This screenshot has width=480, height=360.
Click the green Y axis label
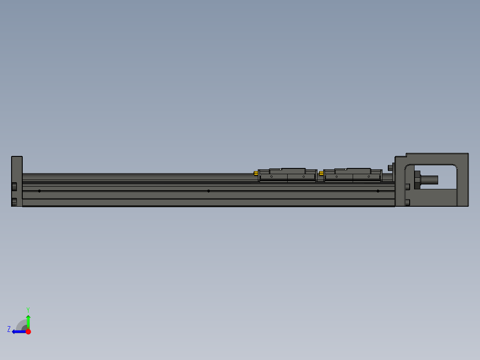tap(28, 309)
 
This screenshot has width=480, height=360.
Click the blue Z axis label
tap(9, 329)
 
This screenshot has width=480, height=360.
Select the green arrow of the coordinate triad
tap(28, 321)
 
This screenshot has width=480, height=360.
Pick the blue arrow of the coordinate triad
tap(18, 331)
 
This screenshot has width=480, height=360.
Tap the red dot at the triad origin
tap(28, 331)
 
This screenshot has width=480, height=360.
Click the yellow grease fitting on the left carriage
tap(256, 173)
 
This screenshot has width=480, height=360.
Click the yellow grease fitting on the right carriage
tap(321, 173)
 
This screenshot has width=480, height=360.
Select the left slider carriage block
tap(287, 175)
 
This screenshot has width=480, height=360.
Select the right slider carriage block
tap(353, 175)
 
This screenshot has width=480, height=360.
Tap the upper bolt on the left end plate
tap(14, 186)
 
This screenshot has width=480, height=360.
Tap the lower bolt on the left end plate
tap(14, 202)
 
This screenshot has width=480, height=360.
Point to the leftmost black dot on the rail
tap(40, 191)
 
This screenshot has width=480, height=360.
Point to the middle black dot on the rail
tap(208, 191)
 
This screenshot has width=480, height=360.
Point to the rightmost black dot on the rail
tap(378, 191)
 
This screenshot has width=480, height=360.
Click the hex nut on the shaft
tap(417, 180)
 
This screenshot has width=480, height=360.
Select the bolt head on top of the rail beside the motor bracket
tap(391, 168)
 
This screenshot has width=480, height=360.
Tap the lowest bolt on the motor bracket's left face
tap(408, 203)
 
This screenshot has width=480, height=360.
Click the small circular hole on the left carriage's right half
tap(304, 177)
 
